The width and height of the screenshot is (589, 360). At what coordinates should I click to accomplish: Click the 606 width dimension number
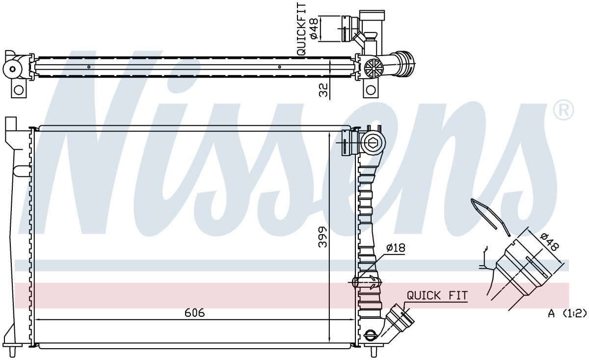click(x=194, y=313)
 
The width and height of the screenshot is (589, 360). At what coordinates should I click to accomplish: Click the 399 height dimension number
click(x=322, y=237)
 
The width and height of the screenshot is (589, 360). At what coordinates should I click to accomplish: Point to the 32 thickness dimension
click(x=323, y=90)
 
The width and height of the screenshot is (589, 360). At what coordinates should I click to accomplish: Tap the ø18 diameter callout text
click(x=396, y=248)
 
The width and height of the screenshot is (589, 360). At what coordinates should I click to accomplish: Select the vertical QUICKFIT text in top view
click(x=301, y=29)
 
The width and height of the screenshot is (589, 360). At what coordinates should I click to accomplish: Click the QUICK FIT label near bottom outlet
click(x=437, y=296)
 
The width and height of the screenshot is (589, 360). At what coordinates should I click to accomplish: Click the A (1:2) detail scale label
click(x=567, y=313)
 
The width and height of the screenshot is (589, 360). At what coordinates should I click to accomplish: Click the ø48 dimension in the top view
click(x=315, y=29)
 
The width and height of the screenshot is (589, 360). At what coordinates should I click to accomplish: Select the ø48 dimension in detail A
click(x=549, y=242)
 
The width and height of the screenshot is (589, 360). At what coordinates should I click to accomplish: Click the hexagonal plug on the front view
click(x=374, y=143)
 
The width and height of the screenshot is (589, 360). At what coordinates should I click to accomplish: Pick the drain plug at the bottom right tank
click(x=370, y=335)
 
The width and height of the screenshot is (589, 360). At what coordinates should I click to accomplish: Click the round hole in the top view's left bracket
click(x=19, y=90)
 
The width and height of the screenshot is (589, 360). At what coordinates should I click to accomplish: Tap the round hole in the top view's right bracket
click(x=371, y=90)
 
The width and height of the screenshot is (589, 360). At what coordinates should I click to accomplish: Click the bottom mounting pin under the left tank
click(x=12, y=352)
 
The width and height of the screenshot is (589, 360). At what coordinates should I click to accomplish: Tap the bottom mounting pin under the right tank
click(x=373, y=352)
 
